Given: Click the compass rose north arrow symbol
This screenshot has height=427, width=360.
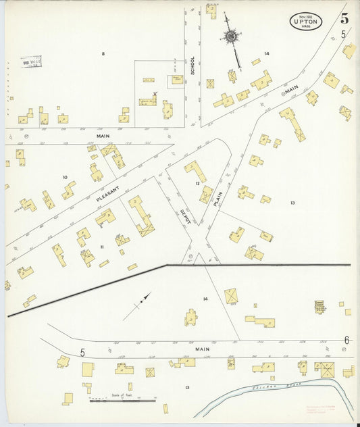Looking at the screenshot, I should point(232,35).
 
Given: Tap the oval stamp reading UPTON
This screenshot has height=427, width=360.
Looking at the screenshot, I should point(306,21).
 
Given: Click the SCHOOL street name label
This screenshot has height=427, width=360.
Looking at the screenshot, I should point(192,65).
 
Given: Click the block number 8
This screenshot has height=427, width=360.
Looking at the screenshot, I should point(103,53).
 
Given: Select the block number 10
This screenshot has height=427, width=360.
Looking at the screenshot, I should point(65,177).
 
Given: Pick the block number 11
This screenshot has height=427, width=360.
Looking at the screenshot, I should point(101,247).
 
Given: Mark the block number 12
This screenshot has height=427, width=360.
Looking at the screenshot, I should point(198,183).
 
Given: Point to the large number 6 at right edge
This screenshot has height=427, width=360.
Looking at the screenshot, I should point(346,340).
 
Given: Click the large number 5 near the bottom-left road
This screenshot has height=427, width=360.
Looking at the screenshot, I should point(82,352).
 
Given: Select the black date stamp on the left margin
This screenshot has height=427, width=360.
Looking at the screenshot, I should point(30,62).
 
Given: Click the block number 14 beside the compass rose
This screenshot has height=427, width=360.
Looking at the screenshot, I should point(267,53).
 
